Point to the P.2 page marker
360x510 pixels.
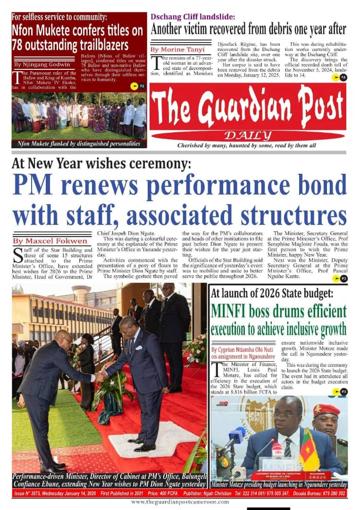pyautogui.click(x=136, y=85)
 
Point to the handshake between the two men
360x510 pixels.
pyautogui.click(x=100, y=376)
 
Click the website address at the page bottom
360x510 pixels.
pyautogui.click(x=180, y=502)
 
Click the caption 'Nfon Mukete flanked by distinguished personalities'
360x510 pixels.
pyautogui.click(x=79, y=144)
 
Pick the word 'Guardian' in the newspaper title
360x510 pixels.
pyautogui.click(x=249, y=107)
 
